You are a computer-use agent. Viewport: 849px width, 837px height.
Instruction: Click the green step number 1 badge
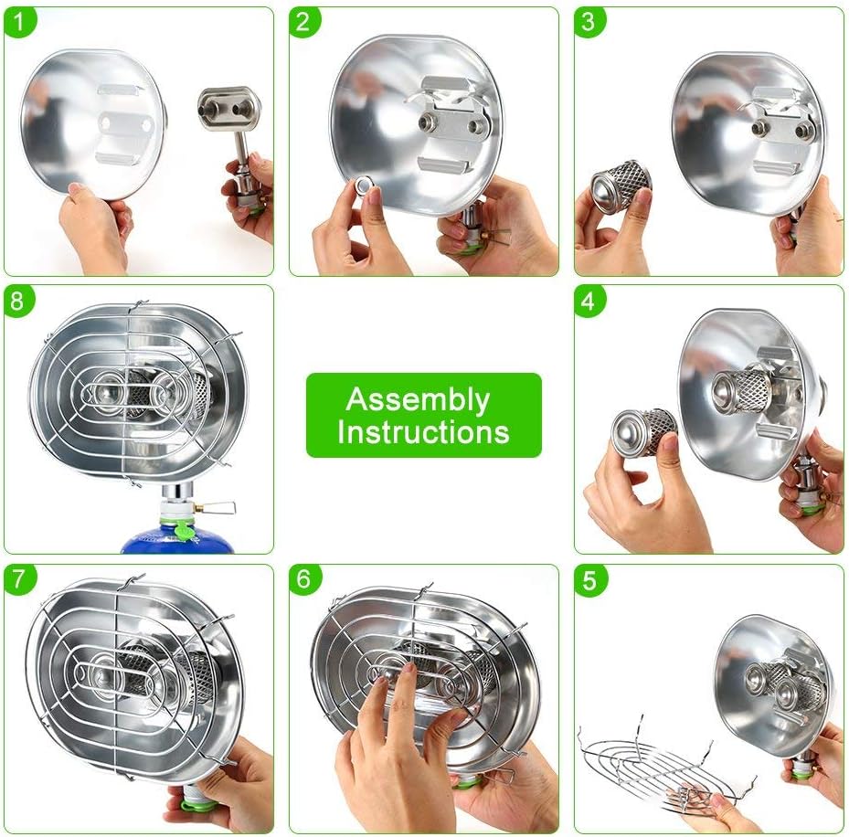click(x=18, y=22)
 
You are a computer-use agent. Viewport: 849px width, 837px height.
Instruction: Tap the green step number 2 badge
click(x=303, y=22)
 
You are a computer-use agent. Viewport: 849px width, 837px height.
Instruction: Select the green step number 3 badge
click(x=589, y=22)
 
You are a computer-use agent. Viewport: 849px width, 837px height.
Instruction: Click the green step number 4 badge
click(x=589, y=300)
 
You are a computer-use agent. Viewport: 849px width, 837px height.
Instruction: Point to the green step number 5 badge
click(x=589, y=579)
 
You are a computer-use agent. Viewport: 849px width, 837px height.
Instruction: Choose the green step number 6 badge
click(x=303, y=579)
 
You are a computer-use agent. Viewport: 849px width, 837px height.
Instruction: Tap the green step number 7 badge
click(x=18, y=579)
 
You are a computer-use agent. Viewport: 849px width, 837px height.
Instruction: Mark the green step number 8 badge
click(x=18, y=300)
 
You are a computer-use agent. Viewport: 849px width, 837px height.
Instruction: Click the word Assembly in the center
click(x=418, y=400)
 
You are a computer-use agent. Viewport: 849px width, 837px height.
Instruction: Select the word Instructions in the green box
click(x=423, y=431)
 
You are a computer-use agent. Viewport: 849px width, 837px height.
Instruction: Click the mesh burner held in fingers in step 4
click(x=642, y=430)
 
